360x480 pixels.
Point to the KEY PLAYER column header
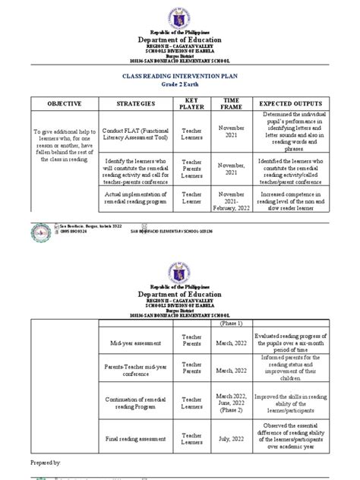click(x=192, y=103)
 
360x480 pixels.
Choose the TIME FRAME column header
click(x=230, y=103)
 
